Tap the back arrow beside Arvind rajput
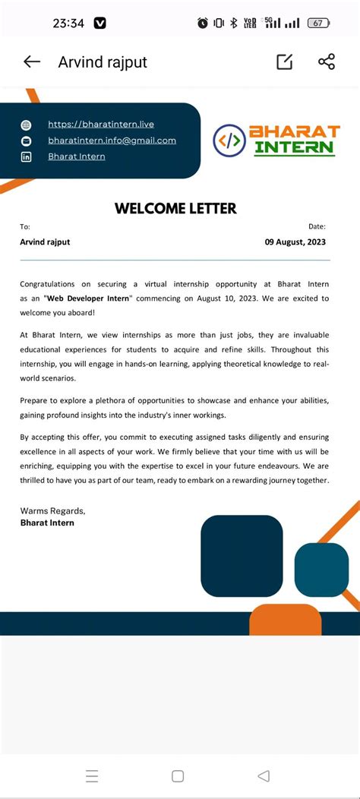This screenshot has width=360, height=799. point(32,62)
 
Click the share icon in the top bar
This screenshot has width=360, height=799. point(327,62)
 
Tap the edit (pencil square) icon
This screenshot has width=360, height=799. point(285,62)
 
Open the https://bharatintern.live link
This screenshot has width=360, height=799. point(101,124)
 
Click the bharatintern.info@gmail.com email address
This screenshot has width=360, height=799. point(112,140)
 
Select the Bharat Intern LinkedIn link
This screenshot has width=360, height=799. point(77,156)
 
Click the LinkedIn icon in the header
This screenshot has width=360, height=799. point(27,156)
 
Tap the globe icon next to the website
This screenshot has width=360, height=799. point(27,125)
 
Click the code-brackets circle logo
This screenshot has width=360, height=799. point(229,141)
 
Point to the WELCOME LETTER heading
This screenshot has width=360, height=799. point(175,208)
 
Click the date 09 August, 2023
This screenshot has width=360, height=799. point(295,242)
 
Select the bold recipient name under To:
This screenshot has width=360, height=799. point(45,242)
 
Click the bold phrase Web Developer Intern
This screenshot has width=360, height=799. point(89,298)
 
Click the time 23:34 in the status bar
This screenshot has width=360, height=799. point(68,23)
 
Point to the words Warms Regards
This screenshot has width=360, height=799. point(52,510)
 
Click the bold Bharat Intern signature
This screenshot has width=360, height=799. point(47,523)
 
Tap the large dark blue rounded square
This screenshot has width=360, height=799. point(242,555)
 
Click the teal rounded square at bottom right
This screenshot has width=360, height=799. point(321,570)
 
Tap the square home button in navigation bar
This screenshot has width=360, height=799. point(178,775)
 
